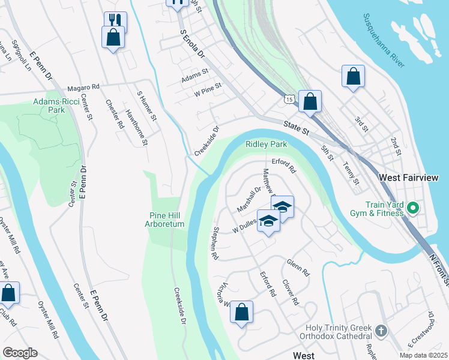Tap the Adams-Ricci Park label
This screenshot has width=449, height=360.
(x=49, y=106)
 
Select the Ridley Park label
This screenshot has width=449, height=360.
(x=266, y=145)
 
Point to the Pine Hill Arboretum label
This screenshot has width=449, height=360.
(x=167, y=220)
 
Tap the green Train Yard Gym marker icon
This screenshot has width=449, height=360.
(x=412, y=209)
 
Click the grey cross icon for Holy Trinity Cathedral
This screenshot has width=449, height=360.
(x=381, y=331)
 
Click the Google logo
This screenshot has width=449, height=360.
(x=20, y=353)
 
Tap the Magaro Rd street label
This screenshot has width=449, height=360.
(x=83, y=87)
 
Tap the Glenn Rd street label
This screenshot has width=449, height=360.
(x=298, y=268)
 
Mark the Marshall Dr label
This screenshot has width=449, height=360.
(x=249, y=199)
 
